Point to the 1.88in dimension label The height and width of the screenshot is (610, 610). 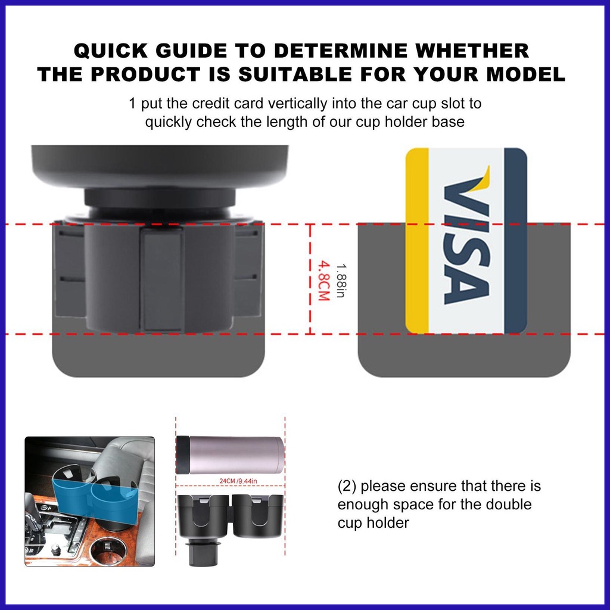point(341,281)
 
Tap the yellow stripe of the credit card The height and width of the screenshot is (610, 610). point(417,241)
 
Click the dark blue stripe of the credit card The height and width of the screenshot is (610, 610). point(515,241)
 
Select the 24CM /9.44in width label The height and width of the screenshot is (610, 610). point(238,481)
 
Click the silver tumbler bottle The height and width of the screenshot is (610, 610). point(230,455)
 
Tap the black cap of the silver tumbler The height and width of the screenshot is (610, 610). point(180,455)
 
